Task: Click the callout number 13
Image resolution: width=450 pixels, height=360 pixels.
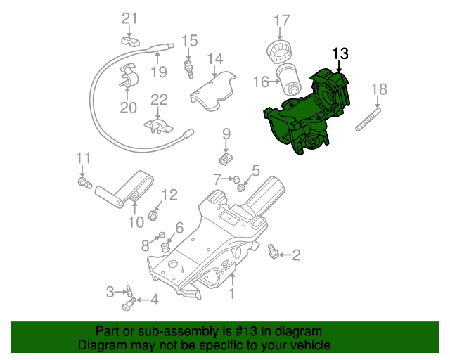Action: (340, 53)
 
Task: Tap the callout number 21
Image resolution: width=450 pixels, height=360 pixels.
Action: (131, 18)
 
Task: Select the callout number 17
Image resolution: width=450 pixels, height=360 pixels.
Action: (281, 20)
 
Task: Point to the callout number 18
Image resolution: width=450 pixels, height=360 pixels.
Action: (379, 89)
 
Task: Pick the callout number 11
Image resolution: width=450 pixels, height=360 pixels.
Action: (84, 157)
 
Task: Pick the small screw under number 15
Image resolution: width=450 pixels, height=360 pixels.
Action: (188, 69)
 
